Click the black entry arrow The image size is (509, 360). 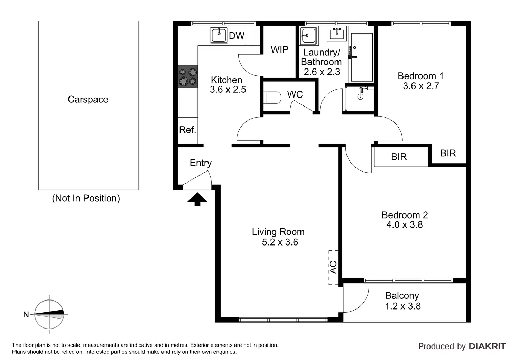(197, 199)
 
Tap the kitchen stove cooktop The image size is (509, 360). (188, 76)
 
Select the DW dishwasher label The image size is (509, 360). (237, 36)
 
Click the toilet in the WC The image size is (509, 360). (272, 98)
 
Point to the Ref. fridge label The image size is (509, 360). (187, 130)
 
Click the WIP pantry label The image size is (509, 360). (279, 49)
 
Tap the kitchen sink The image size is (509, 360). (219, 35)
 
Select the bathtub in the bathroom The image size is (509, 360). (362, 57)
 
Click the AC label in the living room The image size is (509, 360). (333, 267)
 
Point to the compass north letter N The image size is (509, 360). (26, 315)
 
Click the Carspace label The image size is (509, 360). (88, 100)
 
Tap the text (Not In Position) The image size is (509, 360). (86, 198)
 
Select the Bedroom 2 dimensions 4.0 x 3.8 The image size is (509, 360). (405, 225)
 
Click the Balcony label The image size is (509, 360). (402, 296)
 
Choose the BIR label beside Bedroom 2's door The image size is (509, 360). (399, 157)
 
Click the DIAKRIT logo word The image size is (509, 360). (487, 347)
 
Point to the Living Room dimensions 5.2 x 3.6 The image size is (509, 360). (280, 242)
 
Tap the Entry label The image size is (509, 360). (201, 163)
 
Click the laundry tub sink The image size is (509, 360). (308, 35)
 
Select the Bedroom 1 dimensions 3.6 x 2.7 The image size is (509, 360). (421, 86)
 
